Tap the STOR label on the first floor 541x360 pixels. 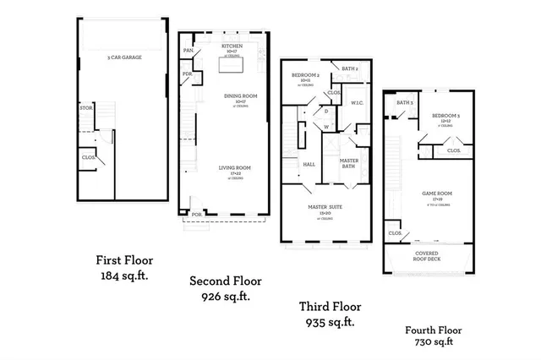click(85, 108)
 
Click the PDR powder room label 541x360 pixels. click(187, 74)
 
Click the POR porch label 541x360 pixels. click(196, 215)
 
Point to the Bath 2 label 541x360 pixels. click(350, 68)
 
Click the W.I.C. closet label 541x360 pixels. click(357, 103)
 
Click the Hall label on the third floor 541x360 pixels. click(309, 164)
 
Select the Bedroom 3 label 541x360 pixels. click(445, 115)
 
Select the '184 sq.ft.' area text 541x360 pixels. click(123, 275)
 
